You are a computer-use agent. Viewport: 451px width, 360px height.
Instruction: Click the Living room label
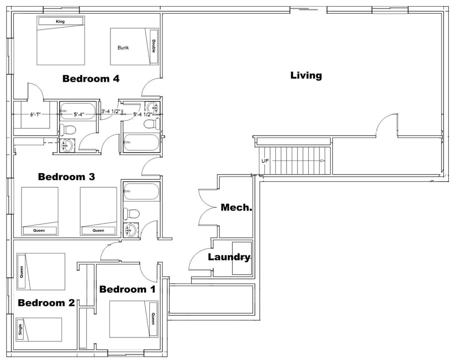pyautogui.click(x=306, y=75)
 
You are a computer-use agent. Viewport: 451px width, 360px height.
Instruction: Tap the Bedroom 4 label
pyautogui.click(x=91, y=78)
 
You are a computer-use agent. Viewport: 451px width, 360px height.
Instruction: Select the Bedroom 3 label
pyautogui.click(x=66, y=177)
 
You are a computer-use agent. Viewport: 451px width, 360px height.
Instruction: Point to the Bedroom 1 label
pyautogui.click(x=127, y=289)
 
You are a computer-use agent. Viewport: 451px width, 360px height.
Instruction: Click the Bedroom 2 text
pyautogui.click(x=46, y=303)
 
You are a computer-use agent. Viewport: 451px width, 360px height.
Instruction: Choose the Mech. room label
pyautogui.click(x=237, y=207)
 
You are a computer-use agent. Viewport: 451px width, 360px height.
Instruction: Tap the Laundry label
pyautogui.click(x=229, y=257)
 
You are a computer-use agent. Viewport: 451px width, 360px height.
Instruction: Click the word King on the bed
pyautogui.click(x=60, y=22)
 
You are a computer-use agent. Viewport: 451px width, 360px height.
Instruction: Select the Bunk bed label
pyautogui.click(x=123, y=47)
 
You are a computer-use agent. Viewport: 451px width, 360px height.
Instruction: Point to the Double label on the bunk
pyautogui.click(x=153, y=46)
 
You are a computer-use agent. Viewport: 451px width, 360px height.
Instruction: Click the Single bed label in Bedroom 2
pyautogui.click(x=20, y=329)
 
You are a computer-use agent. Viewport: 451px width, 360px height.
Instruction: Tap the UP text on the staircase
pyautogui.click(x=265, y=161)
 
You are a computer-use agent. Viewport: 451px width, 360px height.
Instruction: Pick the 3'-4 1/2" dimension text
pyautogui.click(x=110, y=112)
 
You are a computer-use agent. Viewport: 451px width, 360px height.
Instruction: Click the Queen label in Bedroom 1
pyautogui.click(x=153, y=319)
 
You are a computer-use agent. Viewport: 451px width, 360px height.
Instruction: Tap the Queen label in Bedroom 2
pyautogui.click(x=21, y=271)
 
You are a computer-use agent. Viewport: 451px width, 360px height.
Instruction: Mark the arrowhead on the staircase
pyautogui.click(x=323, y=161)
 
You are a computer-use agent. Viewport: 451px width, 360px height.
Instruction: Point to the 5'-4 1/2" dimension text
pyautogui.click(x=142, y=114)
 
